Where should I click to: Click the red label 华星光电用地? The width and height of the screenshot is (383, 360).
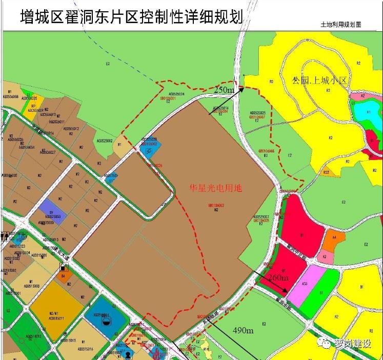[x=216, y=188]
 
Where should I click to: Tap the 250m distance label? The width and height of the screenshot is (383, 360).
[x=224, y=90]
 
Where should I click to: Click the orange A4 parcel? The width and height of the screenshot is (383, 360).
[x=334, y=239]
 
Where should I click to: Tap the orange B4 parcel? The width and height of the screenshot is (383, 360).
[x=64, y=276]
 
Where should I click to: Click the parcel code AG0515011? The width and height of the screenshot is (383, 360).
[x=56, y=318]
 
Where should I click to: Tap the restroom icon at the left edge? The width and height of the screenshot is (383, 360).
[x=5, y=236]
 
